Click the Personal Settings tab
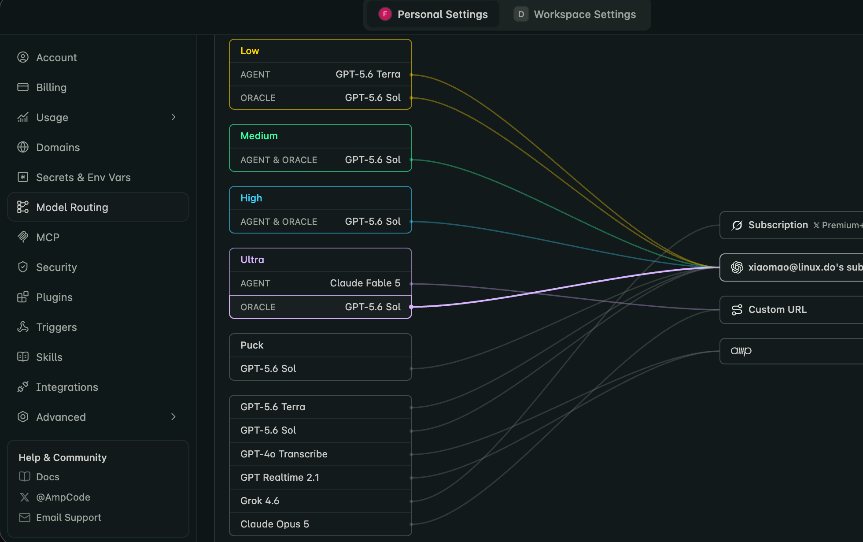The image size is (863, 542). [x=433, y=15]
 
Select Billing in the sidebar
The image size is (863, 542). [x=51, y=87]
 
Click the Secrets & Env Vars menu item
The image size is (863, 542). [x=83, y=177]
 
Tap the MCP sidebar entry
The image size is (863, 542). [x=48, y=237]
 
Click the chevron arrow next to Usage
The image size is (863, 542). [x=173, y=117]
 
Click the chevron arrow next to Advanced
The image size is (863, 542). [x=173, y=417]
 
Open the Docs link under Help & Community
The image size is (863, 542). [x=48, y=477]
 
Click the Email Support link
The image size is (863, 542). [x=69, y=517]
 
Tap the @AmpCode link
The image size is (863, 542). [x=63, y=497]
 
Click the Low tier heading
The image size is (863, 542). [x=250, y=51]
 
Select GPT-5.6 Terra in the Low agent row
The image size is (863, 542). [x=368, y=74]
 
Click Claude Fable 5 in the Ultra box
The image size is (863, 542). [x=365, y=283]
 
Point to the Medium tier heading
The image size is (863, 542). [x=259, y=136]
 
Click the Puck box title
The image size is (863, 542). [x=252, y=345]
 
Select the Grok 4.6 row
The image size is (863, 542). [x=321, y=501]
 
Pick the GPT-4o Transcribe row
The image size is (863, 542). [x=321, y=454]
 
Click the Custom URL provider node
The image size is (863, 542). [x=791, y=310]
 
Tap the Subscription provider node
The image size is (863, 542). [x=791, y=225]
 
